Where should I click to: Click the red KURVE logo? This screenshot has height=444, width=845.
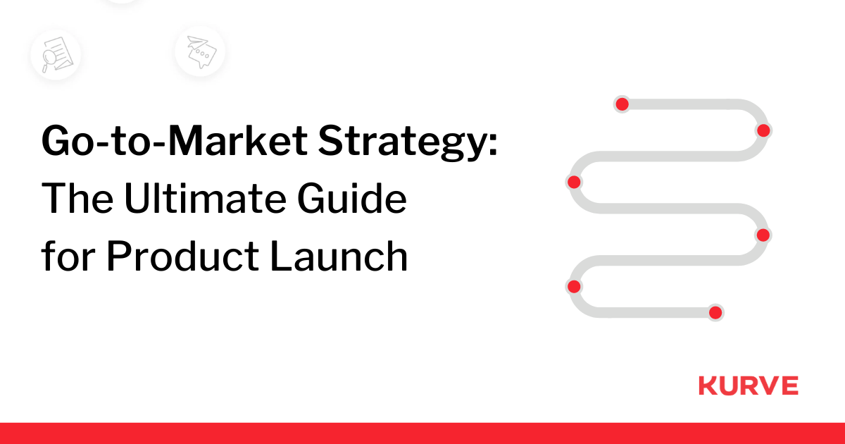click(748, 386)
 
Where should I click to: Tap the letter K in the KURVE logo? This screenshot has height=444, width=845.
click(706, 386)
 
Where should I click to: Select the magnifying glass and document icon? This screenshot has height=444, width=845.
click(55, 54)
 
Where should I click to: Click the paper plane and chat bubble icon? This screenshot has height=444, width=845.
click(200, 51)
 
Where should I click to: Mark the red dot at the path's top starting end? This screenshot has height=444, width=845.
click(622, 104)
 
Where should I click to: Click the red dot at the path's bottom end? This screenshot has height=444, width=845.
click(715, 312)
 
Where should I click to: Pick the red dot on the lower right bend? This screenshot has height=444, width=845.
click(763, 235)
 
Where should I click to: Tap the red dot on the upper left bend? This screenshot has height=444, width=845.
click(574, 183)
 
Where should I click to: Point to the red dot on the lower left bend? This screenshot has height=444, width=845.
click(574, 286)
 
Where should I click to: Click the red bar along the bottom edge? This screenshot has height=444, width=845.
click(423, 433)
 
